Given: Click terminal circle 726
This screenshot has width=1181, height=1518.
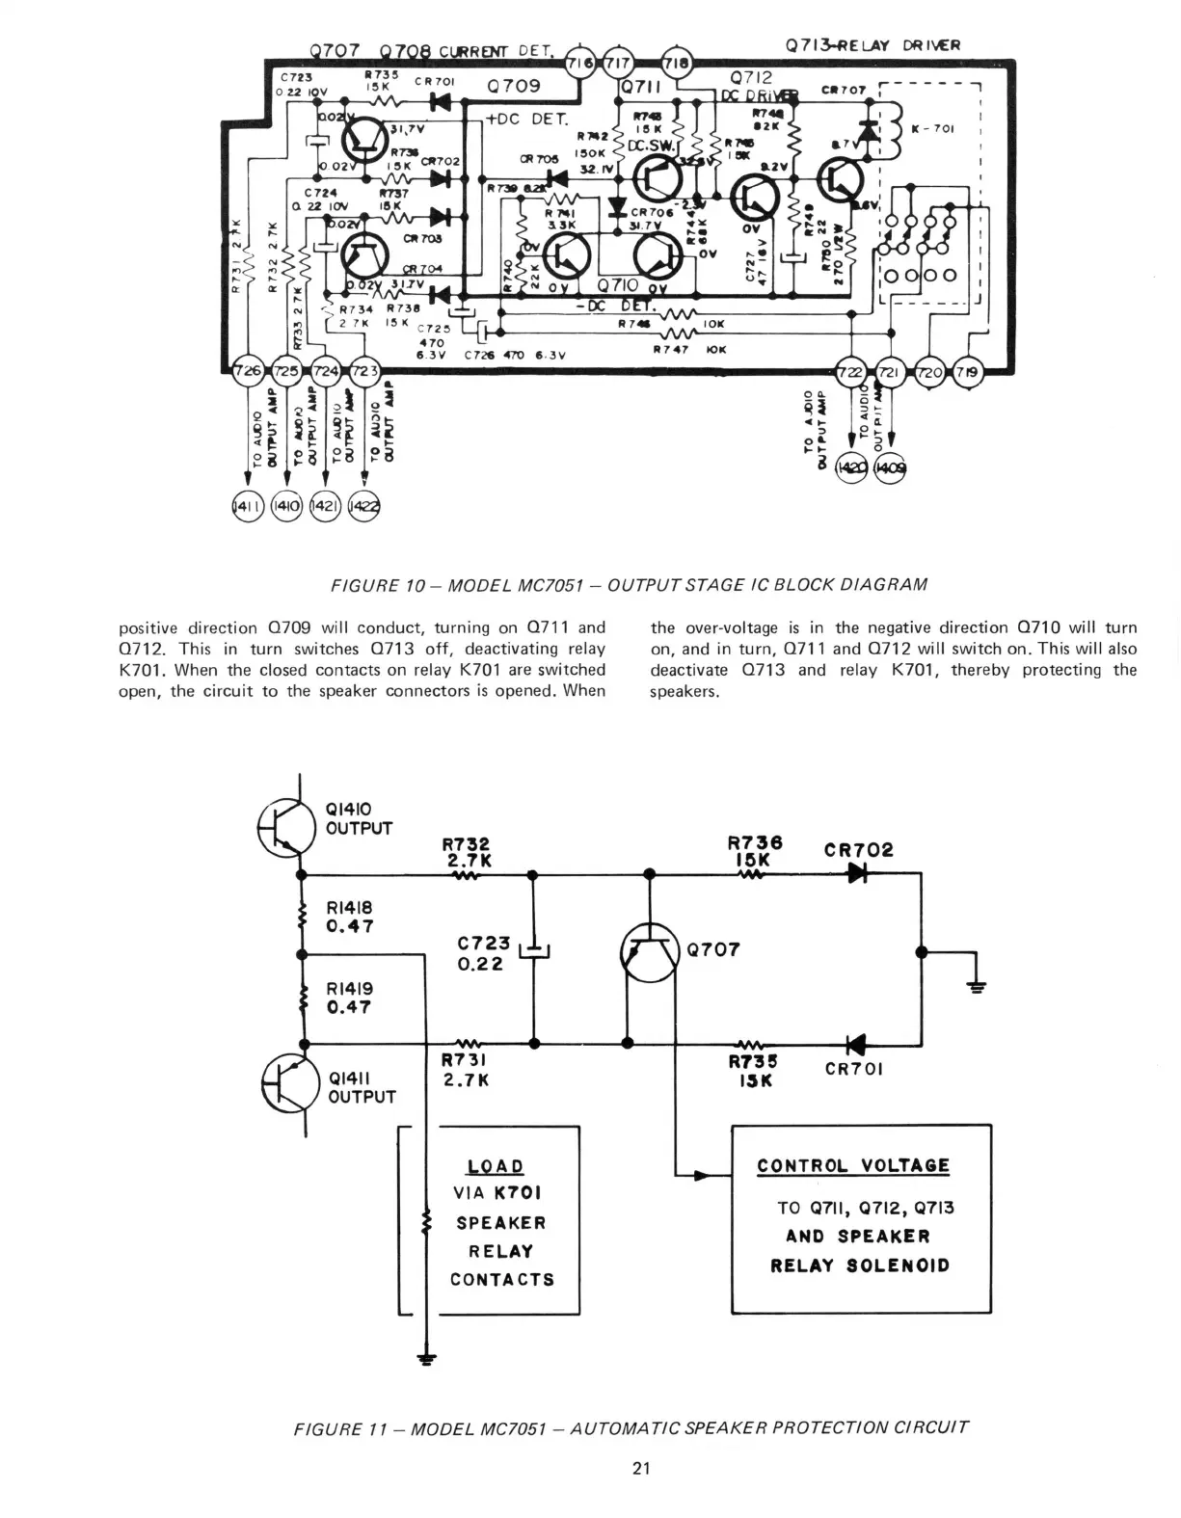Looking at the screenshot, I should [x=250, y=371].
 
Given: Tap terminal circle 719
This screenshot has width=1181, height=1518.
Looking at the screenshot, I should [x=966, y=372].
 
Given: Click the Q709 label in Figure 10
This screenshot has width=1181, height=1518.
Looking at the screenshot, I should [x=514, y=86].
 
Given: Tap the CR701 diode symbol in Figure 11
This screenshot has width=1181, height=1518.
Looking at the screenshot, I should [x=854, y=1043].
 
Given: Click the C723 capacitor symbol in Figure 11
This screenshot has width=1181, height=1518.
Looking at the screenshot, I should [x=534, y=951].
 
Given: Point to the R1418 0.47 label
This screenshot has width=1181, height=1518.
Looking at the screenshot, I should [x=350, y=917].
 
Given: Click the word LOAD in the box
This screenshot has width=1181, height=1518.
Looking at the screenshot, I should [x=496, y=1167].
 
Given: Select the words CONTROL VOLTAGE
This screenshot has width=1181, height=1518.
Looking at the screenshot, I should [x=853, y=1165].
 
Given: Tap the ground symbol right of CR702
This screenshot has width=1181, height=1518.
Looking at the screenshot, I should [x=979, y=986].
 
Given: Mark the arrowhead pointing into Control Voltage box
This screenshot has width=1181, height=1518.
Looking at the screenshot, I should [x=702, y=1175].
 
